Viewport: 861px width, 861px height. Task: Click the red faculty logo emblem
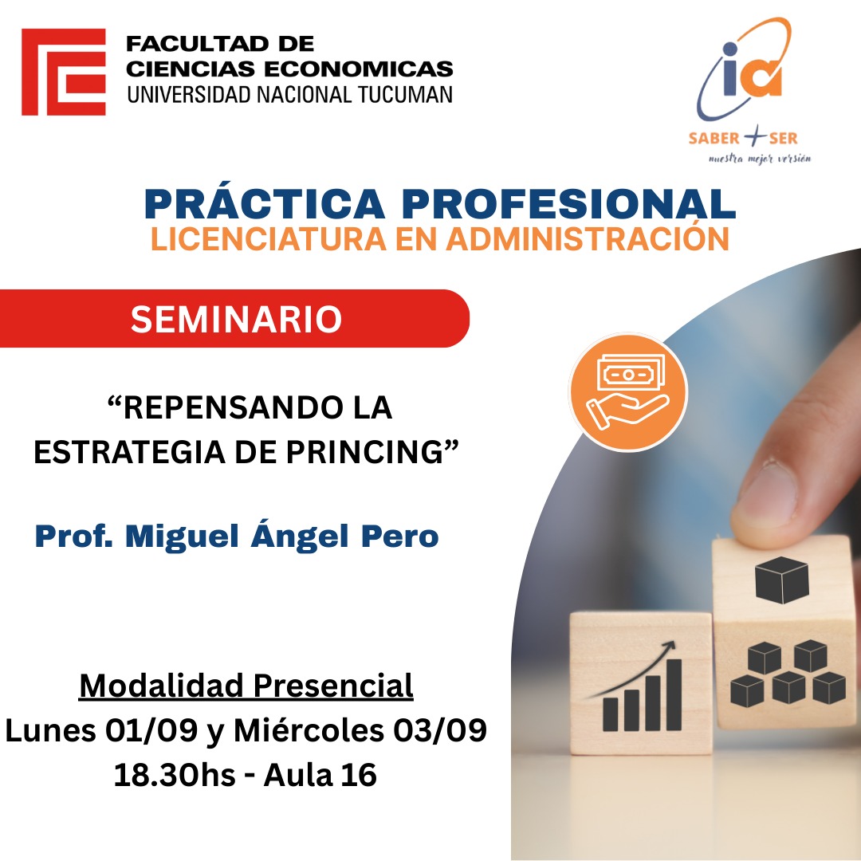pyautogui.click(x=64, y=72)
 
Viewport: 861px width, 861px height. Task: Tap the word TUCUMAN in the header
pyautogui.click(x=406, y=94)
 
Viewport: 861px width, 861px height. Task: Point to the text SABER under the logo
pyautogui.click(x=714, y=138)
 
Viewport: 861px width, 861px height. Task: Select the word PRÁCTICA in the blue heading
pyautogui.click(x=265, y=204)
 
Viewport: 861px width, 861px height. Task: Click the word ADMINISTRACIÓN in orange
pyautogui.click(x=588, y=239)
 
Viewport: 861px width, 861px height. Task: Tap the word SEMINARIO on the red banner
pyautogui.click(x=236, y=319)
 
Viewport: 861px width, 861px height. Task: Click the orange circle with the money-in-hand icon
pyautogui.click(x=628, y=392)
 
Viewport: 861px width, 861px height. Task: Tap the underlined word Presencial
pyautogui.click(x=332, y=686)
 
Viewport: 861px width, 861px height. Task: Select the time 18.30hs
pyautogui.click(x=175, y=775)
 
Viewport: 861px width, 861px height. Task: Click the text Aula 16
pyautogui.click(x=320, y=775)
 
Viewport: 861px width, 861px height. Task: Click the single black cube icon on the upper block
pyautogui.click(x=782, y=580)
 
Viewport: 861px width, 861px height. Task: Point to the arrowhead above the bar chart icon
pyautogui.click(x=669, y=647)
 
